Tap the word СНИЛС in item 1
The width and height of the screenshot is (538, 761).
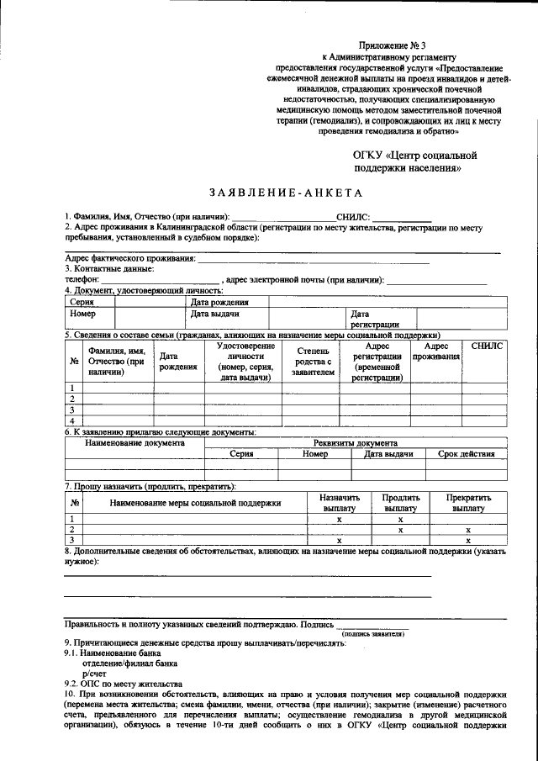(x=352, y=217)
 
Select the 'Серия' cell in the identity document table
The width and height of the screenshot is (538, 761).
(x=82, y=302)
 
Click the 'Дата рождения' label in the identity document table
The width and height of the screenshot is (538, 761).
(x=219, y=302)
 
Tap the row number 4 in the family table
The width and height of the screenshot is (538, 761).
(x=73, y=420)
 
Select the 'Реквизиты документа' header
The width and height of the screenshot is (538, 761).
(x=361, y=442)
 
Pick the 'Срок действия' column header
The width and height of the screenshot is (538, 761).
(x=466, y=454)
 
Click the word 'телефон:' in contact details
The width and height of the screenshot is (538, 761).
(x=82, y=279)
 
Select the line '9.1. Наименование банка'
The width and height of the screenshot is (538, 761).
(x=112, y=653)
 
